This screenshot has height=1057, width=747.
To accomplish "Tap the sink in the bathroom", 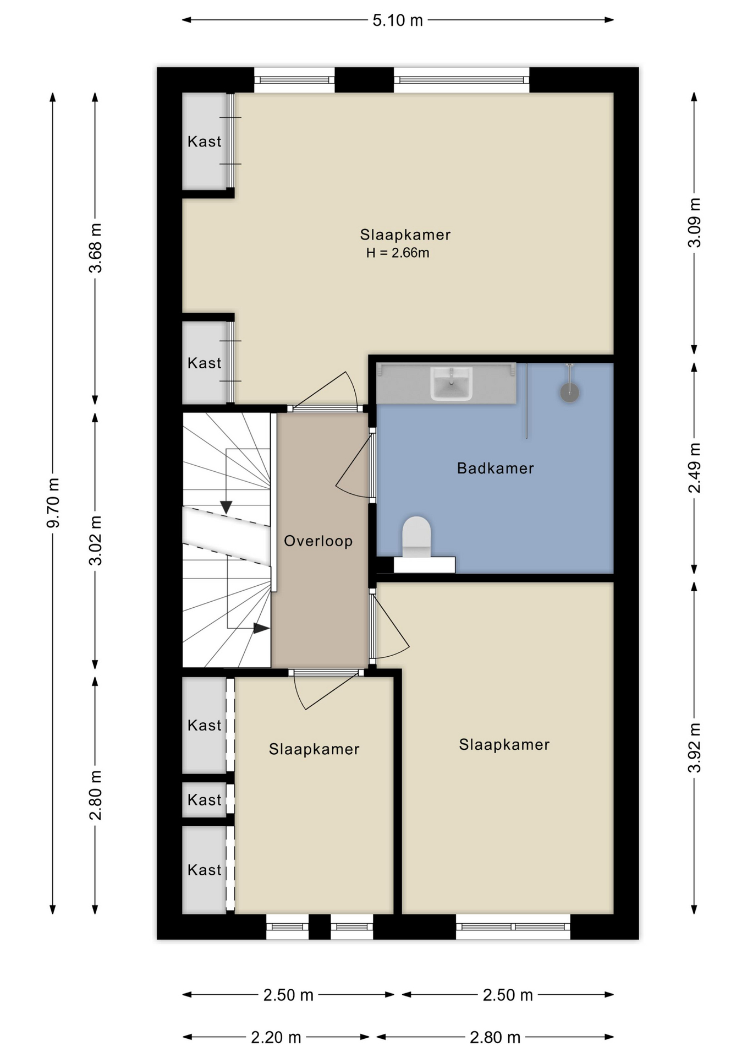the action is tap(451, 383).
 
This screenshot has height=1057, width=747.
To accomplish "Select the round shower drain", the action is tap(570, 393).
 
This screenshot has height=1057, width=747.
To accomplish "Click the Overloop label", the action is tap(318, 541).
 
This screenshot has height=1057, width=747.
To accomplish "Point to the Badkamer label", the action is tap(496, 468).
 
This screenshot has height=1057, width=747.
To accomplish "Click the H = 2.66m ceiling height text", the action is tap(398, 253).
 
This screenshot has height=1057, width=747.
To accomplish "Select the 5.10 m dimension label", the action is tap(398, 20).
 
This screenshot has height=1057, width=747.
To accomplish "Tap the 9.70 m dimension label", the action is tap(53, 503).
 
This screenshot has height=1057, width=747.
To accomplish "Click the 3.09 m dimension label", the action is tap(695, 222).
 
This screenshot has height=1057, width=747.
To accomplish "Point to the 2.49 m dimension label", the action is tap(695, 468).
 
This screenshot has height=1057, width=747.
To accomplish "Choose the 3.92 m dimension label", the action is tap(695, 748).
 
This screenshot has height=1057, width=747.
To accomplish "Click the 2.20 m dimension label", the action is tap(276, 1037).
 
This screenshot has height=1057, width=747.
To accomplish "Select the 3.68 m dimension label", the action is tap(96, 248).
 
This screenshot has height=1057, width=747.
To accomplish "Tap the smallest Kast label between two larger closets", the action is tap(205, 799).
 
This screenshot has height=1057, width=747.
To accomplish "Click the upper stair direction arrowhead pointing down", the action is tap(226, 507).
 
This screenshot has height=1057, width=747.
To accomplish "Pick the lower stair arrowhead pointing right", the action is tap(261, 628).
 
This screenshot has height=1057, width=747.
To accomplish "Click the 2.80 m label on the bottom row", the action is tap(495, 1037).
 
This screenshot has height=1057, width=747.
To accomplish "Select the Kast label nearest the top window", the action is tap(205, 141).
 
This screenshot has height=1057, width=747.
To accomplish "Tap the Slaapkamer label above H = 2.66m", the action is tap(405, 235).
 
